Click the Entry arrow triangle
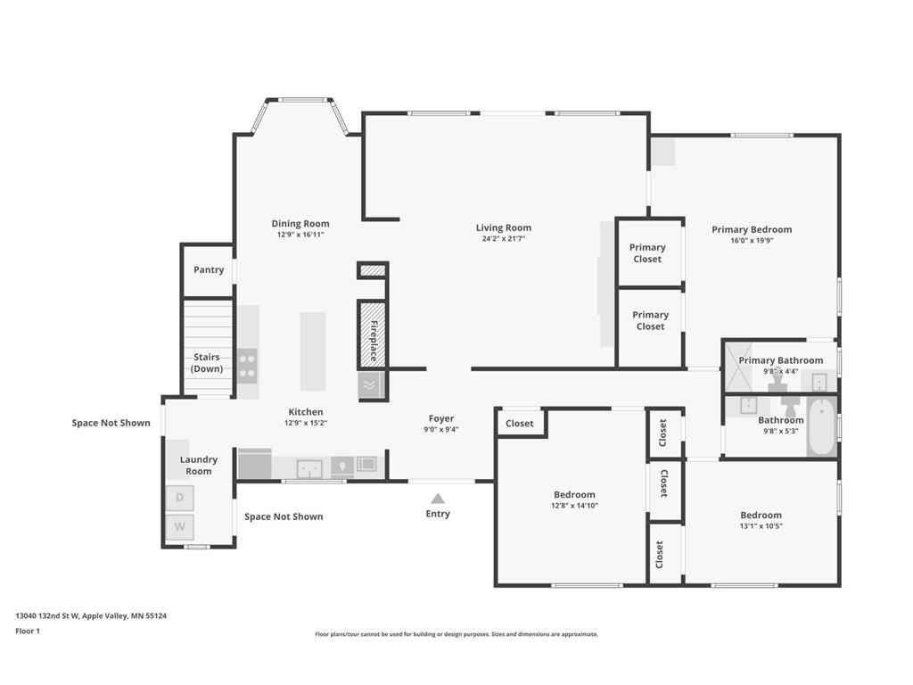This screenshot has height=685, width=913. [x=438, y=499]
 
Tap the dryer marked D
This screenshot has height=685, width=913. [x=180, y=498]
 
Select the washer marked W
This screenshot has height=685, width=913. [x=180, y=526]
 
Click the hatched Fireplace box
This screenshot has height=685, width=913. [x=373, y=334]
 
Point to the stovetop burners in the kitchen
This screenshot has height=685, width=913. [x=247, y=366]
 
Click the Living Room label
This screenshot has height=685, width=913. [x=504, y=227]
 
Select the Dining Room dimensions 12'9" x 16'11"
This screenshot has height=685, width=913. [x=300, y=235]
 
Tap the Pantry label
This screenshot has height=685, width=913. [x=209, y=269]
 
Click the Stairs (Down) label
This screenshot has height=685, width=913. [x=207, y=363]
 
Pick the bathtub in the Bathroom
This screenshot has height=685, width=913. [x=821, y=426]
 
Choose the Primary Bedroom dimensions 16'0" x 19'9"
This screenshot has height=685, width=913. [x=752, y=240]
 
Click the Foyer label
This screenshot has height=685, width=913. [x=441, y=418]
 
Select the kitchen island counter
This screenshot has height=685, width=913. [x=313, y=351]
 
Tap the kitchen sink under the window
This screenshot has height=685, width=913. [x=309, y=468]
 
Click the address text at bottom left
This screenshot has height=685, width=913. [x=91, y=615]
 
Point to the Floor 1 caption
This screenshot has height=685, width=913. [x=28, y=631]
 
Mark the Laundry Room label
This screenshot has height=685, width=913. [x=199, y=466]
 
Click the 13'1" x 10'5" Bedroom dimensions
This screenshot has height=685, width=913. [x=761, y=526]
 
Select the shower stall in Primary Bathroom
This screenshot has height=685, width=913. [x=738, y=367]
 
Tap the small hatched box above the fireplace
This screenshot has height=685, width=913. [x=373, y=270]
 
